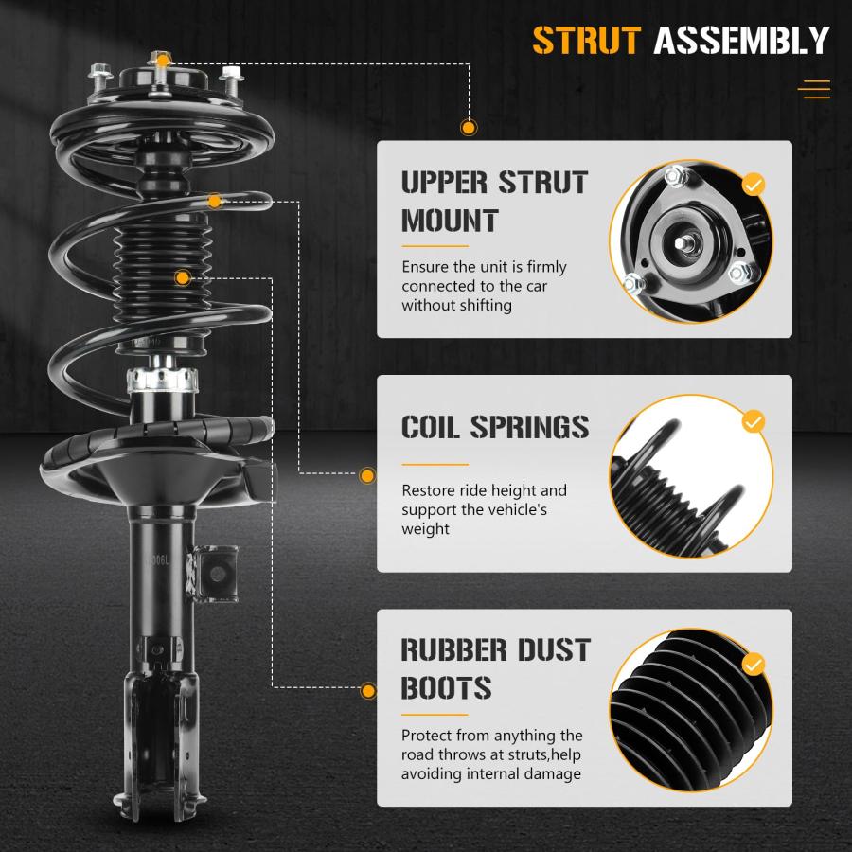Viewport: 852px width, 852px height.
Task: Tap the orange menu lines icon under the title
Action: coord(813,90)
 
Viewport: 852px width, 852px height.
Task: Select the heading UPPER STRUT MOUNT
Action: coord(494,201)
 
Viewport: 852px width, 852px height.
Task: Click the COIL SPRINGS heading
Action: coord(495,427)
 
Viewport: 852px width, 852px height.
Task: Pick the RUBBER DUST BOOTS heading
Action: coord(495,668)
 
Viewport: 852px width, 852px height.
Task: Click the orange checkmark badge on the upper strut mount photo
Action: coord(754,184)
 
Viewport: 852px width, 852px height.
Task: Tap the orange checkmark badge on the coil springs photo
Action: coord(754,420)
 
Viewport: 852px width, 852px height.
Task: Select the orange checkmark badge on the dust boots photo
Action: coord(754,663)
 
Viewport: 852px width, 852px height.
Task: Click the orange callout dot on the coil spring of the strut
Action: coord(215,201)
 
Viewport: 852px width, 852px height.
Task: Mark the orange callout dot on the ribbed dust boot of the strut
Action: coord(183,277)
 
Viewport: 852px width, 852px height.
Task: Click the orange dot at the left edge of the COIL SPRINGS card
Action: coord(367,475)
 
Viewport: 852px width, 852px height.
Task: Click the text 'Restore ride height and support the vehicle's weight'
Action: coord(484,509)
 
